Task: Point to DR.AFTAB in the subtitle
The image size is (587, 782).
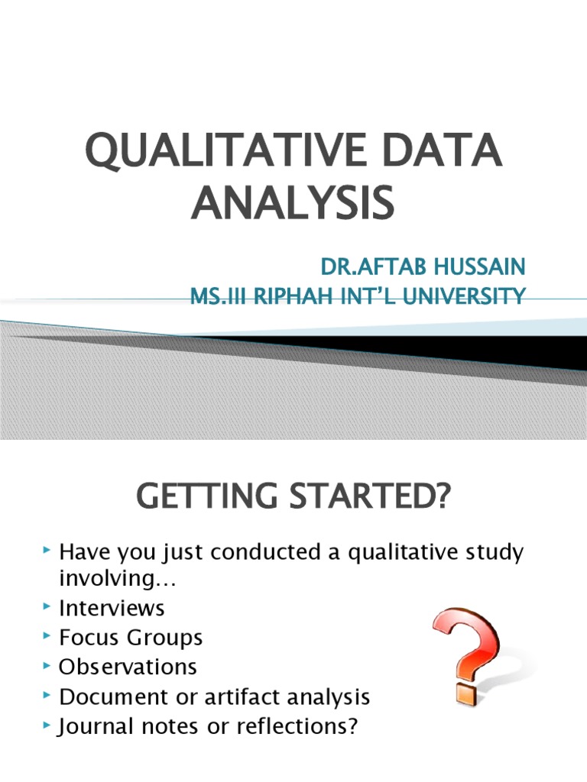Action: (368, 267)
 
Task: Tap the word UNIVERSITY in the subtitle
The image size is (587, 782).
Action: (463, 295)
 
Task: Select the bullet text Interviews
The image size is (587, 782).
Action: (112, 608)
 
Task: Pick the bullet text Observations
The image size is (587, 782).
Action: (128, 666)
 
